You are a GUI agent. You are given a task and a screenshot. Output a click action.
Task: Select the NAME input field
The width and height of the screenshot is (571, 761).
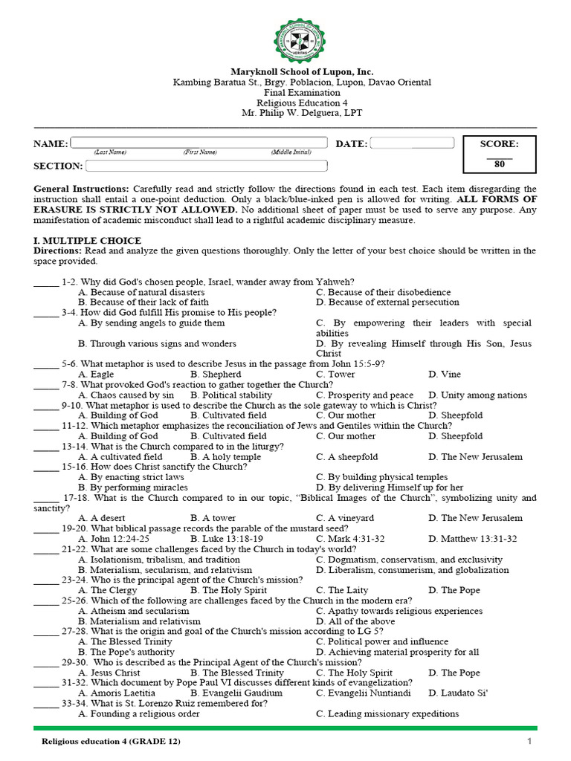[x=199, y=143]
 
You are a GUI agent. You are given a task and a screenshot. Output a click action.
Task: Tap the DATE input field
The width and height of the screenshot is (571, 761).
[x=412, y=143]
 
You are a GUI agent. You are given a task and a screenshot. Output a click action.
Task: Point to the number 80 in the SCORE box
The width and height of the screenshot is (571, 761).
[x=499, y=165]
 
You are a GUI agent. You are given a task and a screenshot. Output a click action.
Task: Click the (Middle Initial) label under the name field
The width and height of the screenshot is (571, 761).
[x=291, y=152]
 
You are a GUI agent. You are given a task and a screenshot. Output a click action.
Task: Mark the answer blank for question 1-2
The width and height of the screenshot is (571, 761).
[x=45, y=282]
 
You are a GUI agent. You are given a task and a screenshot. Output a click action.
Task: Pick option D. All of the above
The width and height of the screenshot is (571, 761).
[x=355, y=621]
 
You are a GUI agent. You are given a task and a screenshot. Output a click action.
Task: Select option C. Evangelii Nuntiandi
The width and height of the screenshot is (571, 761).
[x=363, y=693]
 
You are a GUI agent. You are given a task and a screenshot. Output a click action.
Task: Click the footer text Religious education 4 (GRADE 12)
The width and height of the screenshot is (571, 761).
[x=111, y=742]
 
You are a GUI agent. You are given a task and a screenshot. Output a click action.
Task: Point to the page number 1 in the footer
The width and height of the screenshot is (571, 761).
[x=529, y=742]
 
